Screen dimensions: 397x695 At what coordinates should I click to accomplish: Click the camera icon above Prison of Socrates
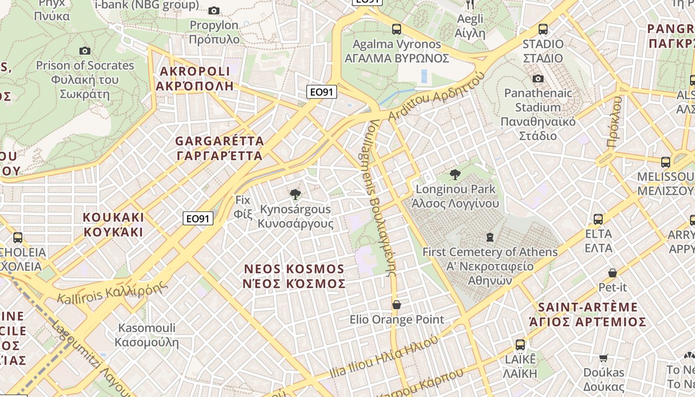point(85,51)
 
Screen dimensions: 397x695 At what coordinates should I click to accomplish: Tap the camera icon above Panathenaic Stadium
point(538,78)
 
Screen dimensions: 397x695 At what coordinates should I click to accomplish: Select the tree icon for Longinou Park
point(455,175)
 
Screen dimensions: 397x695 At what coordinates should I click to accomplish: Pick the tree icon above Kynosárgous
point(295,194)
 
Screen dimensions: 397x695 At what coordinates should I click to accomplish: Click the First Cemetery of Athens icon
point(490,237)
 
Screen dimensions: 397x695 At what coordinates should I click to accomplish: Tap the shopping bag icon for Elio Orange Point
point(396,305)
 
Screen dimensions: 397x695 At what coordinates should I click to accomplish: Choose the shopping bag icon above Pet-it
point(613,273)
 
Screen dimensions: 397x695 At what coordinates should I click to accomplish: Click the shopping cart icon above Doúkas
point(604,358)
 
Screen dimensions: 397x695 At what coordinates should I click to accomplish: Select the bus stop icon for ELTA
point(598,219)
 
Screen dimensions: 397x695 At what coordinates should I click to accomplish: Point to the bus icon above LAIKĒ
point(520,345)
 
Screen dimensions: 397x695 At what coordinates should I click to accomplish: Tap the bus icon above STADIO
point(543,29)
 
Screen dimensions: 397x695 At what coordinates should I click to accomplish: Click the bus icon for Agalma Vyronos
point(396,29)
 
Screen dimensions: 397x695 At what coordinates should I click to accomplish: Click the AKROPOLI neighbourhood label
point(195,78)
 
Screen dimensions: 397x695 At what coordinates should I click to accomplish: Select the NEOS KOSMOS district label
point(294,276)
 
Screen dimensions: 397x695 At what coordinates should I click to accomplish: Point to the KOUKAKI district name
point(113,225)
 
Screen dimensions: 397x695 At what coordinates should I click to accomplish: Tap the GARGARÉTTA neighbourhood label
point(219,148)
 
